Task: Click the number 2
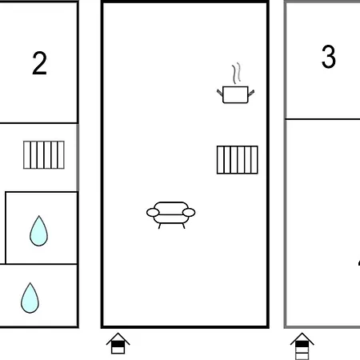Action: click(39, 63)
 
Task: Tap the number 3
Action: click(329, 57)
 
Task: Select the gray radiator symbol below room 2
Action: click(44, 155)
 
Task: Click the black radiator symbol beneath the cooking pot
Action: click(238, 160)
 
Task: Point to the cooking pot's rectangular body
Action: click(235, 94)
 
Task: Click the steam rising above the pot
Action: click(236, 74)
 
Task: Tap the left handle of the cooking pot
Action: click(219, 93)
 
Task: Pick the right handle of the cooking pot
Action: click(251, 93)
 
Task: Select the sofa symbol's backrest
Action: click(171, 208)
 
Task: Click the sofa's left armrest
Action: click(153, 213)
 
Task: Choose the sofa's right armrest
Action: click(189, 213)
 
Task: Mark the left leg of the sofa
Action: click(159, 226)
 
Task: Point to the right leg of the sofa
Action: click(183, 226)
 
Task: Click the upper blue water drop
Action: click(39, 231)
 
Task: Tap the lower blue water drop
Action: click(30, 298)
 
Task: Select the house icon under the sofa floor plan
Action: click(118, 343)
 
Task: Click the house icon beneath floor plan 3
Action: click(302, 346)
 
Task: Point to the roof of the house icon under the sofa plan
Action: click(118, 337)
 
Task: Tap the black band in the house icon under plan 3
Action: click(302, 344)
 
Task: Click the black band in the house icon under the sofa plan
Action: click(118, 344)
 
